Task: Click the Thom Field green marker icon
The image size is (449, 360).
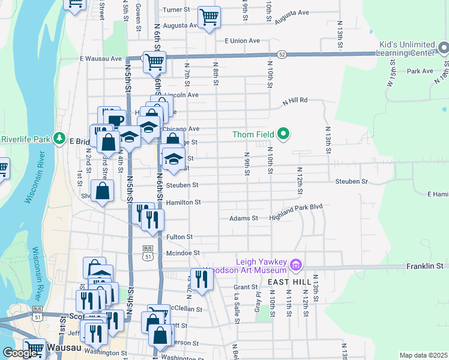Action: click(284, 134)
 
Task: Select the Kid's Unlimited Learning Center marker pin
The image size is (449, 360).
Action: click(443, 47)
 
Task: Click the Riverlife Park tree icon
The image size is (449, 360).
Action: click(59, 139)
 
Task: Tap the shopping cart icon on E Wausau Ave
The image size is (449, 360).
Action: click(154, 61)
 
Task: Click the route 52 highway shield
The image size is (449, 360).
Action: click(282, 54)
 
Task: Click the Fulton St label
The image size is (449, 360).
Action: click(179, 237)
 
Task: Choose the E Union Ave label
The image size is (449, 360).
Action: click(242, 41)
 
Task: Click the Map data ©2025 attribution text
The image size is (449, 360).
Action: click(423, 355)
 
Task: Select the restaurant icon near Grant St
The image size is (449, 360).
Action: click(201, 279)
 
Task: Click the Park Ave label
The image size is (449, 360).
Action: click(420, 71)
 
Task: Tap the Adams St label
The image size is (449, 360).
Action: click(243, 218)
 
